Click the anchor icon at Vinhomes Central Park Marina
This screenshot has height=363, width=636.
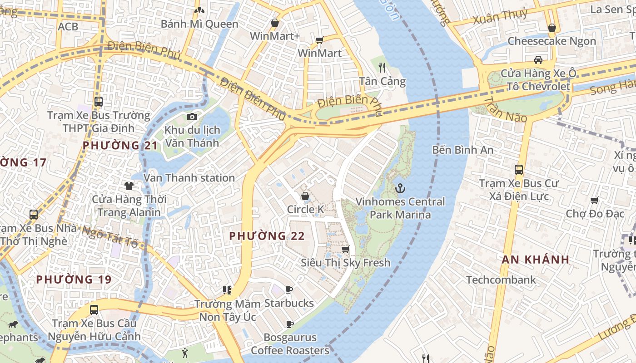click(400, 188)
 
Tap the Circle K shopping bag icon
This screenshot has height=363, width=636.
click(305, 196)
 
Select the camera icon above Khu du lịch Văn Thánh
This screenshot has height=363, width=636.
click(192, 117)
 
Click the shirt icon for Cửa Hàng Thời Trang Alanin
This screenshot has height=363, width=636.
click(129, 186)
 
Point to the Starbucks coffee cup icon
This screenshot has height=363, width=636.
click(289, 290)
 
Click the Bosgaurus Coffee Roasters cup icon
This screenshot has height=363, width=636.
click(289, 324)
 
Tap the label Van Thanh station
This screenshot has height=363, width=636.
click(189, 178)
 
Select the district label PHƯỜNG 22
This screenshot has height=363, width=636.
click(267, 236)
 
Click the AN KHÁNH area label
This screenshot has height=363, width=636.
click(535, 260)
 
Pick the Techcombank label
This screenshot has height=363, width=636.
click(501, 280)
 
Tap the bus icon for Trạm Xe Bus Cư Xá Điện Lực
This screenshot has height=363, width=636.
click(519, 170)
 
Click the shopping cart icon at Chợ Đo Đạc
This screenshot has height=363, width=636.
click(594, 200)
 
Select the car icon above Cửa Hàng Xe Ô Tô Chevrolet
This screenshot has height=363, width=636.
click(538, 60)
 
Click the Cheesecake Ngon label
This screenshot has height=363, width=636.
click(552, 41)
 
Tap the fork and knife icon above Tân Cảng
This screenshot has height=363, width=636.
click(382, 68)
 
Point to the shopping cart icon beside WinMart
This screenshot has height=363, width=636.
click(319, 40)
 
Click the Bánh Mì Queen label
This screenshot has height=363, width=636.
click(200, 24)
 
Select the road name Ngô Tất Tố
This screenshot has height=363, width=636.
click(109, 236)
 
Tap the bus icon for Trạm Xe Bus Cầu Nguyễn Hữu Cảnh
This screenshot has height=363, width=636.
click(94, 310)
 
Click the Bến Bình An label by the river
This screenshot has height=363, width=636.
click(462, 149)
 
